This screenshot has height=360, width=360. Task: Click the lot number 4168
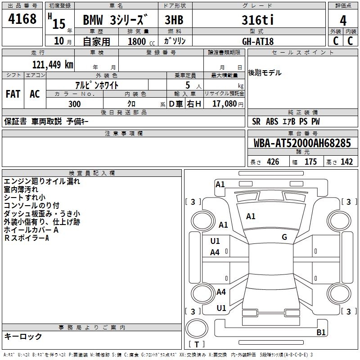click(22, 19)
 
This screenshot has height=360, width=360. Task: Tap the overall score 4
click(343, 21)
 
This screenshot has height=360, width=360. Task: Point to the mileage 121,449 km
click(53, 64)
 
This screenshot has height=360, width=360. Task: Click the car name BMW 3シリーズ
click(115, 20)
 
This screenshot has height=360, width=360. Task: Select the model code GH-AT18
click(258, 41)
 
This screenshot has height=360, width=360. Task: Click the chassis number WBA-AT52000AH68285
click(302, 144)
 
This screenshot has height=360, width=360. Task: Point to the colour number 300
click(75, 104)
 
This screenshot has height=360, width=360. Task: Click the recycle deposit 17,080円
click(228, 104)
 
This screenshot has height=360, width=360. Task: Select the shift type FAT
click(13, 94)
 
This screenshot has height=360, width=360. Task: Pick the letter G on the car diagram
click(284, 237)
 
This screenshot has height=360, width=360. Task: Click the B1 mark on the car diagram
click(321, 333)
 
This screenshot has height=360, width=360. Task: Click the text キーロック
click(23, 337)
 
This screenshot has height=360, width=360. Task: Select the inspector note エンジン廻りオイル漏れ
click(42, 181)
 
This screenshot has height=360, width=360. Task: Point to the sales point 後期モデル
click(265, 73)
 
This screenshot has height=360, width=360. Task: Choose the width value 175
click(310, 162)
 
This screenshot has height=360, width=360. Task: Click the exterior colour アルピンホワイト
click(97, 84)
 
